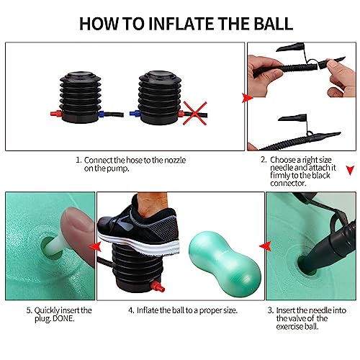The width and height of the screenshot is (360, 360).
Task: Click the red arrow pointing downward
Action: point(350,170)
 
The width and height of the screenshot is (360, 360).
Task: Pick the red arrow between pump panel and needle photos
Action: point(246,97)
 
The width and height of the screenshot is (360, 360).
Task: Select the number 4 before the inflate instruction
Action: point(130,310)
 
